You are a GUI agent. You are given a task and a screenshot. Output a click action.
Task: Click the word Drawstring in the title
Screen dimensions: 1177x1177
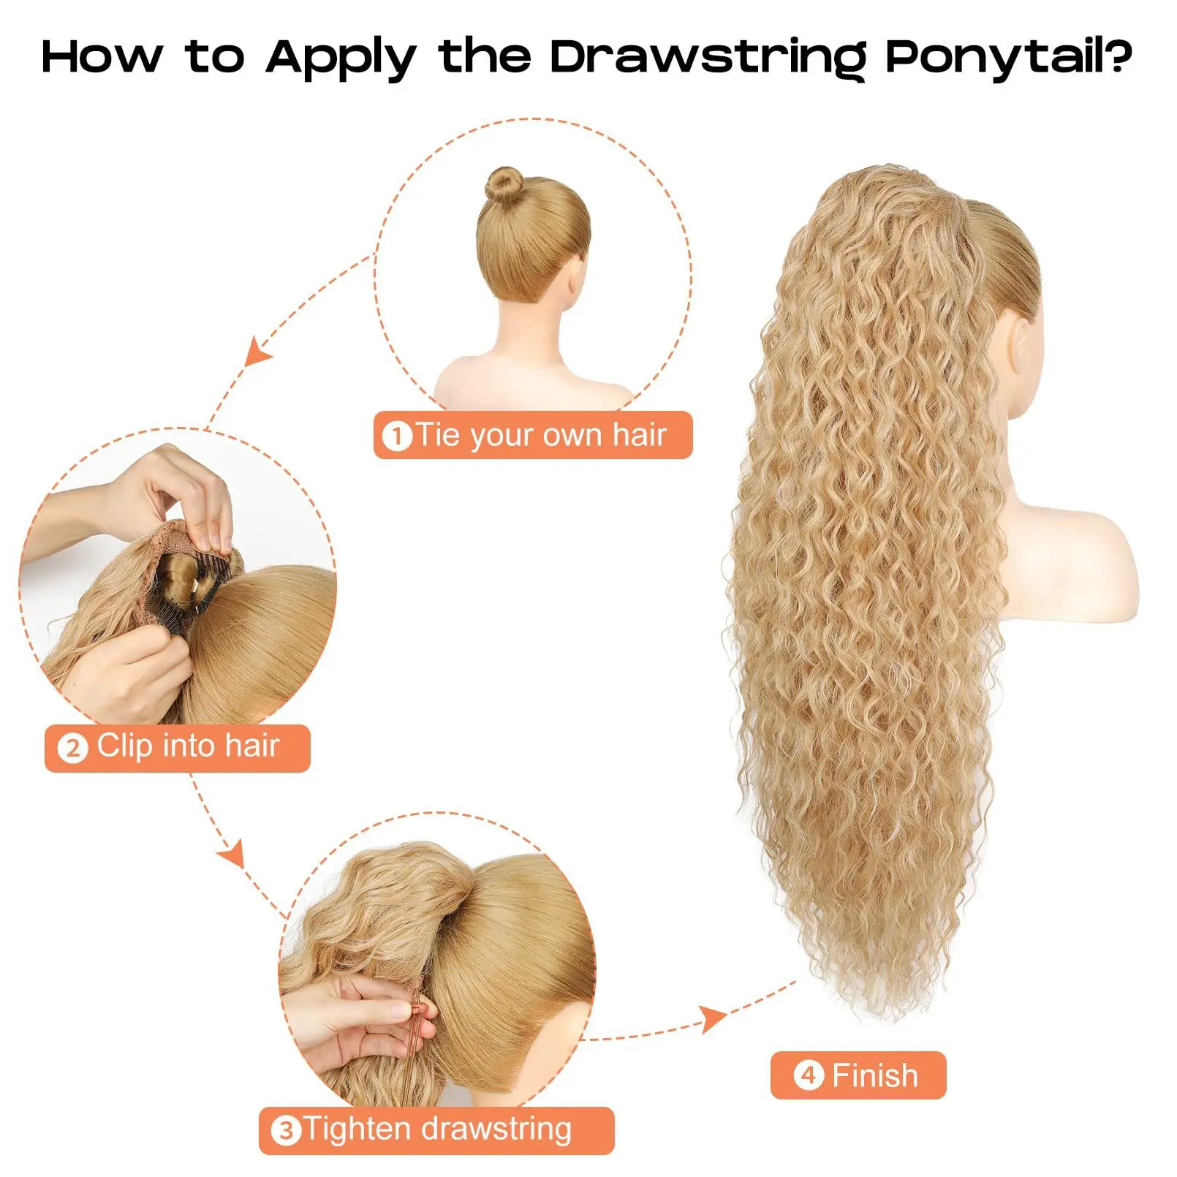point(707,57)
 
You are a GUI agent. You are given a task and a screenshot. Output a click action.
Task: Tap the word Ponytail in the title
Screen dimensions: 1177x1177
point(991,57)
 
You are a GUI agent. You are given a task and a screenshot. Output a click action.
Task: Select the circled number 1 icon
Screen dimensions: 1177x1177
point(397,436)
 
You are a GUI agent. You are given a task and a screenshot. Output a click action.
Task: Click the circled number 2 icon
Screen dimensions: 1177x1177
point(72,749)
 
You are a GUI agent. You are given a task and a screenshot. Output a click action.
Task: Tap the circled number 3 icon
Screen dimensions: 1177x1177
point(286,1131)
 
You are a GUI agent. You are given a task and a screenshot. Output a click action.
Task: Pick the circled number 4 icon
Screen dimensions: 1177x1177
point(809,1076)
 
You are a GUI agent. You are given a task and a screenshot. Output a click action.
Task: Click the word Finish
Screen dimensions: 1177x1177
point(874,1076)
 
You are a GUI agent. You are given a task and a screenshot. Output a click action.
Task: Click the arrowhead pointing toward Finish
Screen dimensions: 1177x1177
point(713,1017)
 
